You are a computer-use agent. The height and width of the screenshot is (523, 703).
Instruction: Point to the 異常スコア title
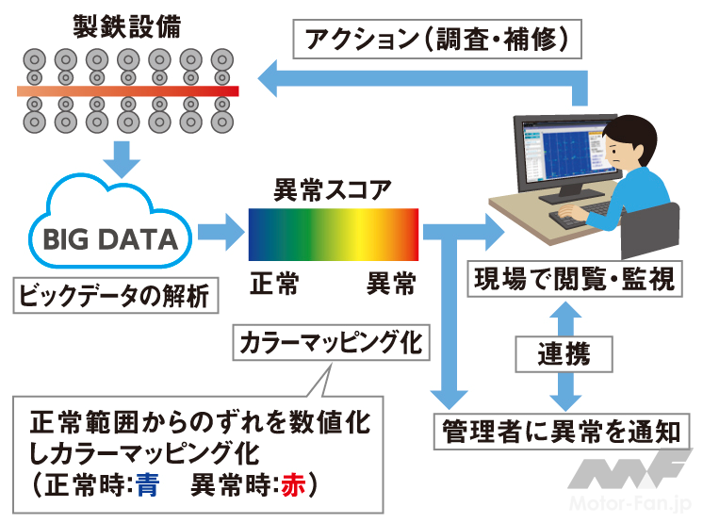[x=332, y=189]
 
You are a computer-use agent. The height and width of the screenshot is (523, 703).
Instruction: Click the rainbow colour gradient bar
[x=333, y=234]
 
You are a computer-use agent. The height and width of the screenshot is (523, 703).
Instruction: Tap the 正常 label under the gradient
[x=274, y=284]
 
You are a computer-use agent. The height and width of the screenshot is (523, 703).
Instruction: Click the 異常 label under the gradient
[x=391, y=284]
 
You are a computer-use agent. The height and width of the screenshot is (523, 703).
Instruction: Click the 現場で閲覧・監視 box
[x=576, y=281]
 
